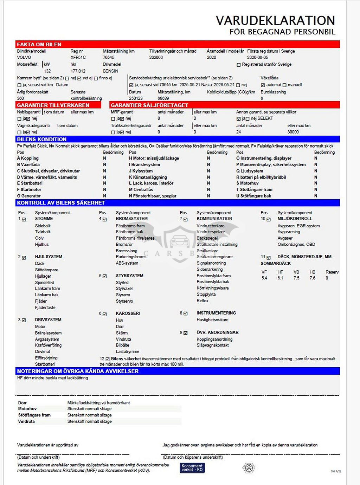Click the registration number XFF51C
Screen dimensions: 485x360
pos(78,57)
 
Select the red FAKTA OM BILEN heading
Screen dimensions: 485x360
pos(39,44)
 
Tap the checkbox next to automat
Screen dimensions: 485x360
pos(263,85)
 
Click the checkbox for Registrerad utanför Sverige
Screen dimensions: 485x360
pos(239,65)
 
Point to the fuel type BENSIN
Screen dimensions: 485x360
pos(110,71)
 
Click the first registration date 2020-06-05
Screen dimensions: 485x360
pos(257,57)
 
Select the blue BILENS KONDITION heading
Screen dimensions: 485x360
pos(41,139)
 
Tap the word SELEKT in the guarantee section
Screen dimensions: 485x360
pos(265,118)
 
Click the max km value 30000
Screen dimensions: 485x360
pos(293,132)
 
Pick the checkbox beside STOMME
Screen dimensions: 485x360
pos(24,219)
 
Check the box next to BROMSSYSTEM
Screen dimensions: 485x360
pos(105,219)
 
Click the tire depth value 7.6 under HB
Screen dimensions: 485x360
pos(312,278)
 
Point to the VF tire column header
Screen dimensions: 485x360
pos(264,272)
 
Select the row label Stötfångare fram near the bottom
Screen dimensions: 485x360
pos(34,415)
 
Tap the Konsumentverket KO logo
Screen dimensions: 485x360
pos(192,468)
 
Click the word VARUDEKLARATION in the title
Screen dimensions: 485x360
pos(275,20)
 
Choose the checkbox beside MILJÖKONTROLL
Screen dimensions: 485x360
pos(269,219)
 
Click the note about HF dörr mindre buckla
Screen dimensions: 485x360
pos(52,378)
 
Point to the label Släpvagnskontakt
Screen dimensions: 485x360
pos(213,345)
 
